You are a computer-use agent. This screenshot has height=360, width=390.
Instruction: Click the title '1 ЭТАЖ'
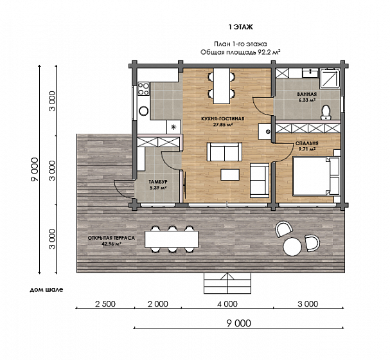tap(240, 27)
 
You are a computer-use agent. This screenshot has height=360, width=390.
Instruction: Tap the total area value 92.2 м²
tap(269, 52)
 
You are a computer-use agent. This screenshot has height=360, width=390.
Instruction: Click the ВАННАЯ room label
tap(306, 94)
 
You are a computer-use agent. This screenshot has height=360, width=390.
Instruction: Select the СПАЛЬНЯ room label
tap(306, 143)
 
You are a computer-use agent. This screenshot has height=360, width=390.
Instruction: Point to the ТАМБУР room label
tap(158, 182)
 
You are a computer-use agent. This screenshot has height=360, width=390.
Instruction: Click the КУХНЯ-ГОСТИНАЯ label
tap(223, 119)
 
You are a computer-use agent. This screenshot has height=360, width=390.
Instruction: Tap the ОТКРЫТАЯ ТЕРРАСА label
tap(111, 238)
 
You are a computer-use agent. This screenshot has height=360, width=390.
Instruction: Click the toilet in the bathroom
tap(326, 113)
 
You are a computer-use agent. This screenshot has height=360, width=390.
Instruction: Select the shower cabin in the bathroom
tap(330, 78)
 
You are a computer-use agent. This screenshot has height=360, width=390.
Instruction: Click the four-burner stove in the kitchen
tap(143, 89)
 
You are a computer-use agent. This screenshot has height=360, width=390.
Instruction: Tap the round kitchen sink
tap(144, 111)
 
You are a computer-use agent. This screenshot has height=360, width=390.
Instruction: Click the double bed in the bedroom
tap(316, 175)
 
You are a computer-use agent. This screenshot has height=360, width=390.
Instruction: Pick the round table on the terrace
tap(292, 247)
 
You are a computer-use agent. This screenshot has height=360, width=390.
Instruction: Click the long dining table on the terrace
tap(172, 239)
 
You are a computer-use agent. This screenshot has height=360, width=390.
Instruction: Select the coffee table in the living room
tap(230, 175)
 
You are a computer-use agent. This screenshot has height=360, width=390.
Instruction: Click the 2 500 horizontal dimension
tap(105, 304)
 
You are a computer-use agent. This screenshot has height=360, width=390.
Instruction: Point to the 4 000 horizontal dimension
tap(227, 304)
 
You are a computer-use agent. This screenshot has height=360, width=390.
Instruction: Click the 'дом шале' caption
tap(46, 290)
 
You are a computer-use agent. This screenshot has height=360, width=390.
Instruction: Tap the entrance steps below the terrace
tap(227, 283)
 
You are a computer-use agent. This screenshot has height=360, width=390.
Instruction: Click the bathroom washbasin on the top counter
tap(310, 73)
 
